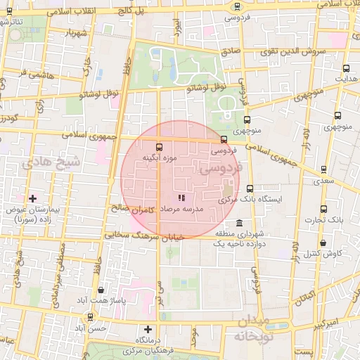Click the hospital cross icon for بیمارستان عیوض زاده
coord(32,199)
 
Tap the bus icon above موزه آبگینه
coord(159,148)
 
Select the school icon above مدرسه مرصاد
coord(181,199)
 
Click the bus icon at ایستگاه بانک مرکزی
coord(250,188)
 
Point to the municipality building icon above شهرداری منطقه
coord(240,224)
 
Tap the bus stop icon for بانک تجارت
coord(324,210)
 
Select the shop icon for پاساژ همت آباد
coord(101,290)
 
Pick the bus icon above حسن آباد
coord(88,317)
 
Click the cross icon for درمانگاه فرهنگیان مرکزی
coord(148,329)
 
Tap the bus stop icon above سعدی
coord(323,169)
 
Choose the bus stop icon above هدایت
coord(345,69)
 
